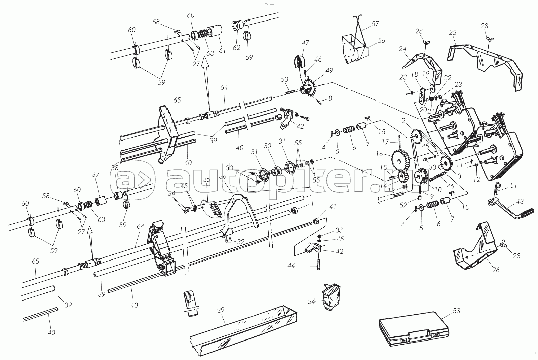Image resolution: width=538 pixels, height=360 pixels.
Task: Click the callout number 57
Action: (x=375, y=24)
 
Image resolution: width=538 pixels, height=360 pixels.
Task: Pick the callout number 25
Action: (x=453, y=33)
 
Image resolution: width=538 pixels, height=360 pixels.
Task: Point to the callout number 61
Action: (x=222, y=50)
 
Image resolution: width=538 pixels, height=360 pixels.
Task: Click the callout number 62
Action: (x=236, y=47)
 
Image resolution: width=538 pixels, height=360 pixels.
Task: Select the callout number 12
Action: (x=477, y=179)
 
